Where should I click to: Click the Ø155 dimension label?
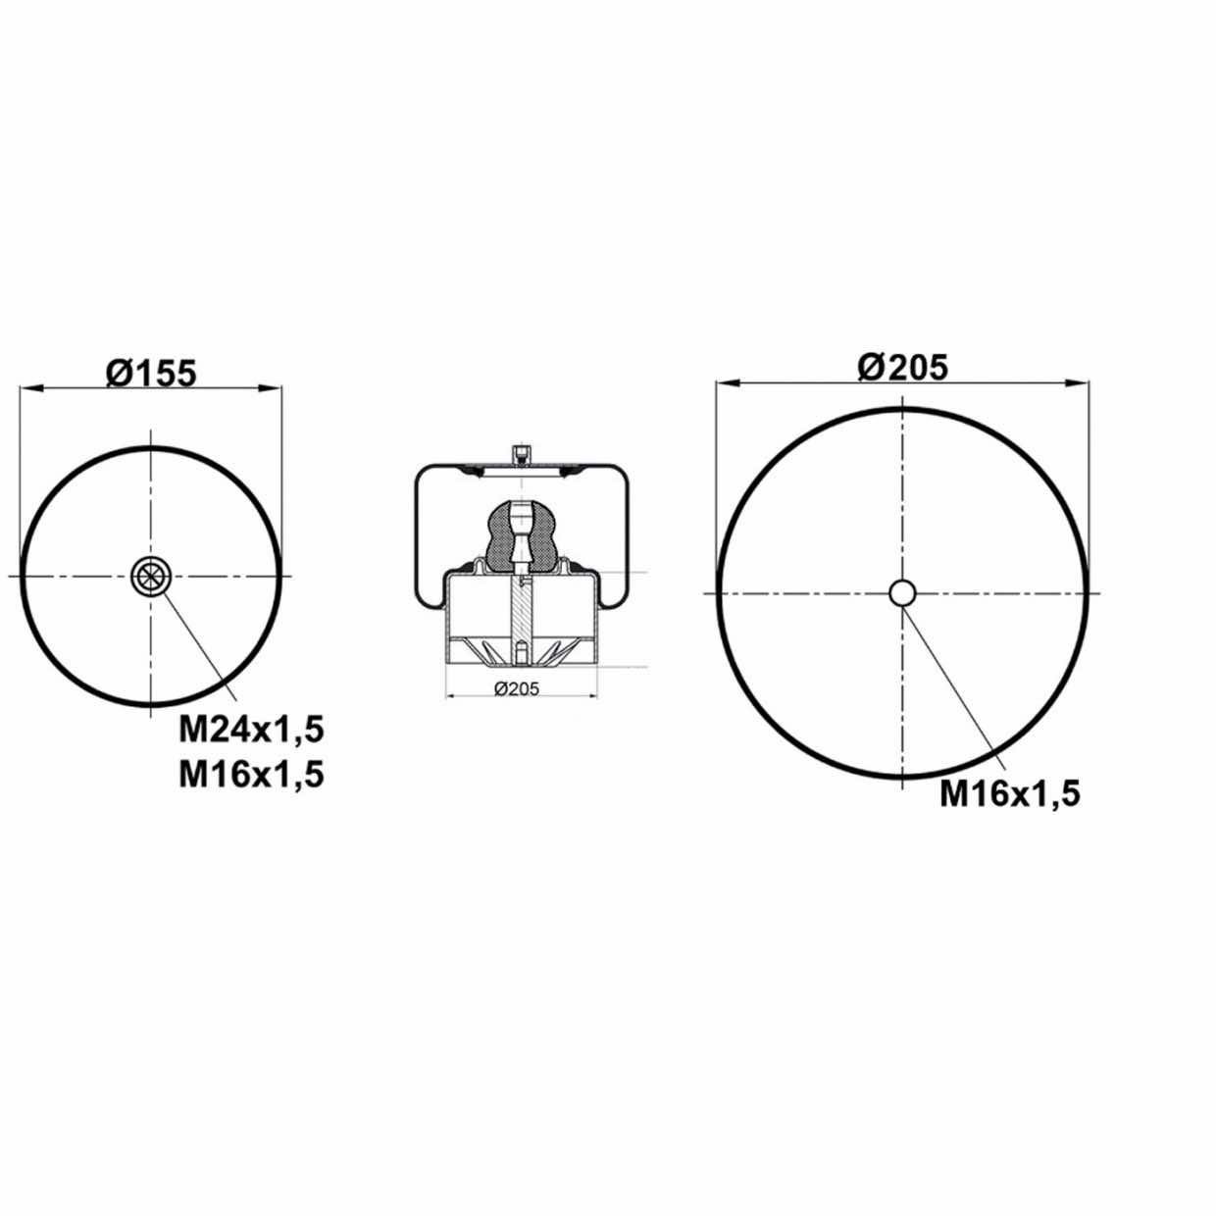click(151, 373)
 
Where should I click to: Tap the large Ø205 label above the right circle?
click(902, 368)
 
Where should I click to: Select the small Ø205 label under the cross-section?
click(517, 689)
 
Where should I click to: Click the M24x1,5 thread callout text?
click(252, 732)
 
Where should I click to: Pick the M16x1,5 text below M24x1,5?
click(252, 775)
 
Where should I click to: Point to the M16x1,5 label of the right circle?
click(1010, 794)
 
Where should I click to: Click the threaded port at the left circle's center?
click(151, 576)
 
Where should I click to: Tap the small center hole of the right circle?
click(902, 592)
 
